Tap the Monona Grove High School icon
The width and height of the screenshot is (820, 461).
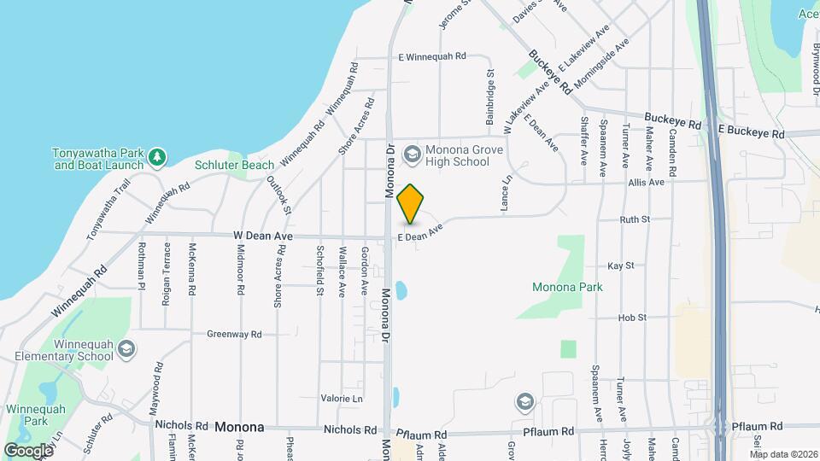(413, 154)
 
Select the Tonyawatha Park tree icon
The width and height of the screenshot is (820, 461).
(156, 157)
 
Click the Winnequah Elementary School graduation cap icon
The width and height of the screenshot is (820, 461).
(126, 349)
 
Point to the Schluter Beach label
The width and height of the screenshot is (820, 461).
(234, 165)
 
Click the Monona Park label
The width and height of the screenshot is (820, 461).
(567, 287)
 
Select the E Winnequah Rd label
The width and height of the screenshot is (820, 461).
(432, 57)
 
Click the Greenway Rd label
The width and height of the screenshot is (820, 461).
(234, 335)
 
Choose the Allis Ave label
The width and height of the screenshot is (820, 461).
(645, 183)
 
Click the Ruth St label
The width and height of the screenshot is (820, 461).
(635, 219)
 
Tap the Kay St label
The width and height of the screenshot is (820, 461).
(621, 266)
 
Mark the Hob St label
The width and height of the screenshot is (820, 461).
(632, 318)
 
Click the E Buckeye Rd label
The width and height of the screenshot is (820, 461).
(751, 134)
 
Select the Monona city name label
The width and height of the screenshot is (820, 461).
(239, 427)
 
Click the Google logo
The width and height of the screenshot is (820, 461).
(28, 450)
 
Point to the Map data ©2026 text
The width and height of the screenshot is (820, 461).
(782, 454)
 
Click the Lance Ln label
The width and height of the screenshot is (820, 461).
(506, 195)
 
